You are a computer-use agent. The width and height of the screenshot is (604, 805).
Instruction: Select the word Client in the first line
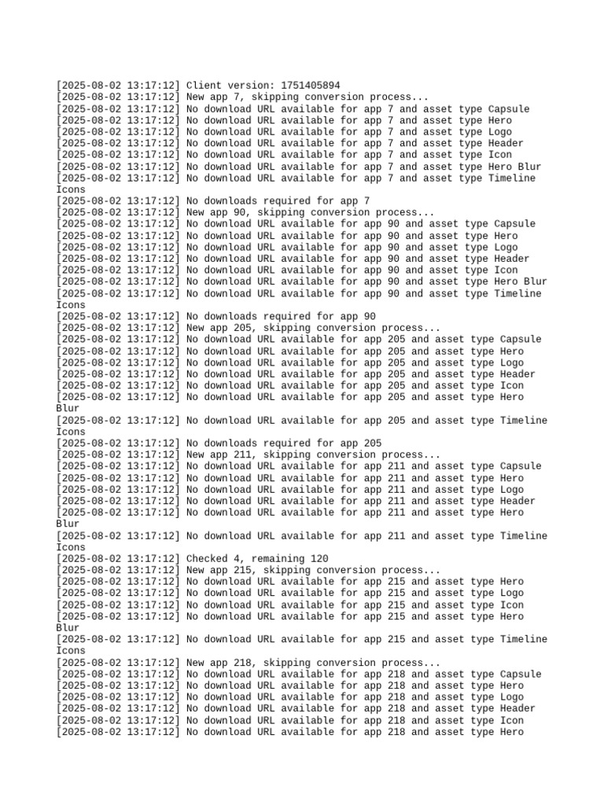tap(204, 85)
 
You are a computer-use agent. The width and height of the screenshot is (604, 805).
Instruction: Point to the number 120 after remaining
tap(319, 559)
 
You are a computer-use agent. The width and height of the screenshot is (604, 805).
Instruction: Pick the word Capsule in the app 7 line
tap(509, 108)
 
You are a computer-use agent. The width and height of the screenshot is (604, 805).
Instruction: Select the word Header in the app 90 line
tap(512, 259)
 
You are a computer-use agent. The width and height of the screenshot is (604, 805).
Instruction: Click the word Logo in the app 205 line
tap(512, 362)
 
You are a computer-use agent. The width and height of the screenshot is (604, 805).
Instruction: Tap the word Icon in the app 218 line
tap(512, 720)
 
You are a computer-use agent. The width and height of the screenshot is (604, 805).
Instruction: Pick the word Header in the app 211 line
tap(517, 501)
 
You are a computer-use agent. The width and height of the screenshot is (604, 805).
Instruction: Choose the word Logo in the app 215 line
tap(512, 593)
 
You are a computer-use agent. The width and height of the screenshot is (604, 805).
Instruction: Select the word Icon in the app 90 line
tap(506, 270)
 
